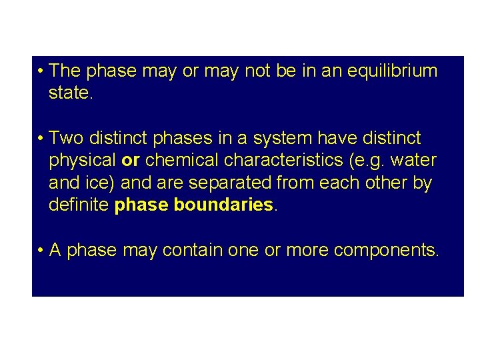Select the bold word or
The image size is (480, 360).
point(130,161)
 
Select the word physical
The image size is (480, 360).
point(82,161)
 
